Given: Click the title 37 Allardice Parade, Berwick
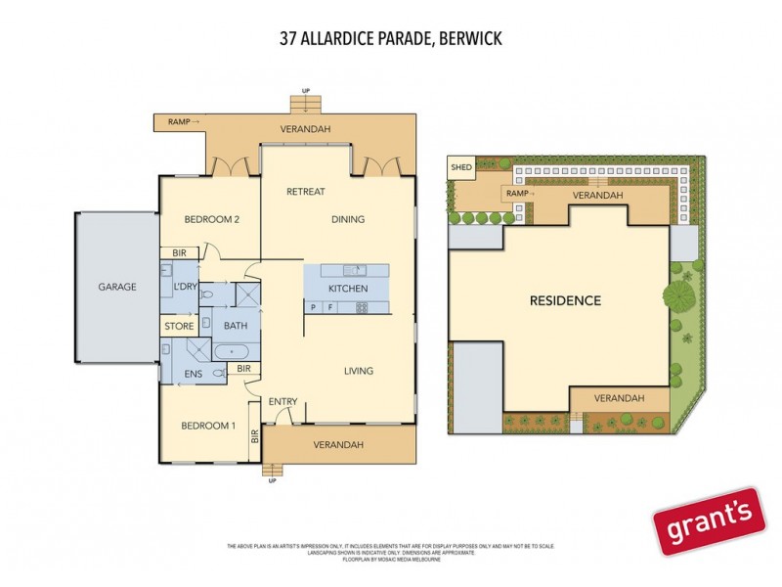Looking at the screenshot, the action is (x=390, y=39).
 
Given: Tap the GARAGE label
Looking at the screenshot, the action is (x=116, y=288).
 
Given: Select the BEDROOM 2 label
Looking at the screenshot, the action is (x=212, y=220).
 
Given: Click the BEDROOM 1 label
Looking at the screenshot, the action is (x=208, y=425).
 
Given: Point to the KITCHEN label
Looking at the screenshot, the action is (x=347, y=289).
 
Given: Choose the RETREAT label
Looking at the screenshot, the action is (x=305, y=192).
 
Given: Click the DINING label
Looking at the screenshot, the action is (x=347, y=220).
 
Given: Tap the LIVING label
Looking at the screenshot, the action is (x=359, y=371).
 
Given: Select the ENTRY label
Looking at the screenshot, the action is (x=282, y=401).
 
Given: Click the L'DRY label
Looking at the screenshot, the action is (x=185, y=287).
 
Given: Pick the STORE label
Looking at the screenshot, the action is (x=179, y=326).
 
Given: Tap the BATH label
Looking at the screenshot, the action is (x=236, y=326).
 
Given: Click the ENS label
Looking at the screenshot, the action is (x=194, y=373).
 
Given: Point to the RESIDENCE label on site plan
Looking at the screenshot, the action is (x=565, y=300).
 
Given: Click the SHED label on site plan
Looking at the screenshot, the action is (x=461, y=167).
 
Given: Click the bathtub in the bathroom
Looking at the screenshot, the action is (x=235, y=349).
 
